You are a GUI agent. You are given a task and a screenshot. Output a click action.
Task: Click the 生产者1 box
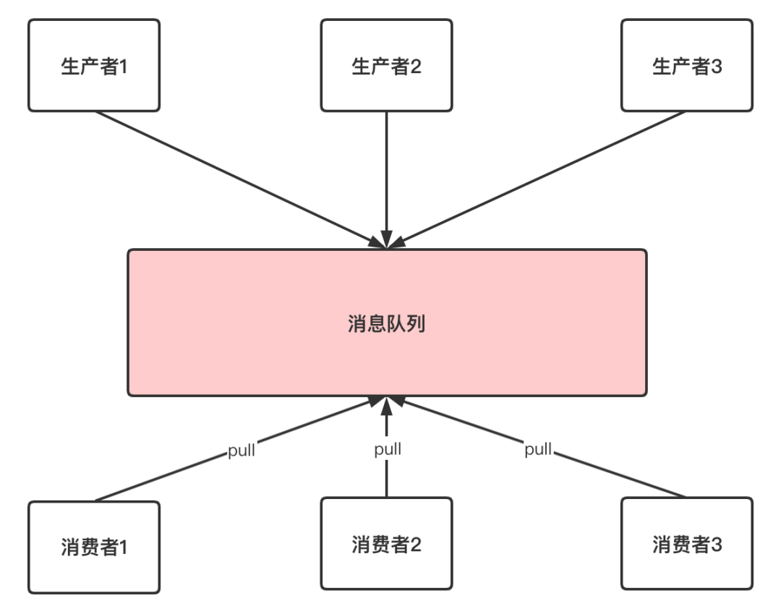93,66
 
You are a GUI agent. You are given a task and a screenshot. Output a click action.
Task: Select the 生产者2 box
386,66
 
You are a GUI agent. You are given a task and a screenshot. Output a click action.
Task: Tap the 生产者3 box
686,66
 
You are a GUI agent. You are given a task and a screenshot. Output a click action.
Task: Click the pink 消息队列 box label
386,323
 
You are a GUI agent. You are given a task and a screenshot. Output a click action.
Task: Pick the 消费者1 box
93,547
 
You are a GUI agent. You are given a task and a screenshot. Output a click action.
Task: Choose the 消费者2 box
386,543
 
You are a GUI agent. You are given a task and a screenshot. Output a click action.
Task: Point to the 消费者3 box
686,543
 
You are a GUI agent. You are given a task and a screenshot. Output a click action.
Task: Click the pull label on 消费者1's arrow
241,453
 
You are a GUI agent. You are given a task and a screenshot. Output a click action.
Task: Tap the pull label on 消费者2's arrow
388,449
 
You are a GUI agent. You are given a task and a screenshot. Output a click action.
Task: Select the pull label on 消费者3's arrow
538,449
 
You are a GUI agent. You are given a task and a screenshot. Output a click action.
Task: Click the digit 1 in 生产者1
123,67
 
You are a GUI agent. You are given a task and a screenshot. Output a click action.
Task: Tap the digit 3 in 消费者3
716,544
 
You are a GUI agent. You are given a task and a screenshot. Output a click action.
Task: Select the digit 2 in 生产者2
416,67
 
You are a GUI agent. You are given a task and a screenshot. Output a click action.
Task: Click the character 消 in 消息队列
357,324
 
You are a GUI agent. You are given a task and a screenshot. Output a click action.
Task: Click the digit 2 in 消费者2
416,544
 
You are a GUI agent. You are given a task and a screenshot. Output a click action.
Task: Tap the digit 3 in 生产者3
717,67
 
